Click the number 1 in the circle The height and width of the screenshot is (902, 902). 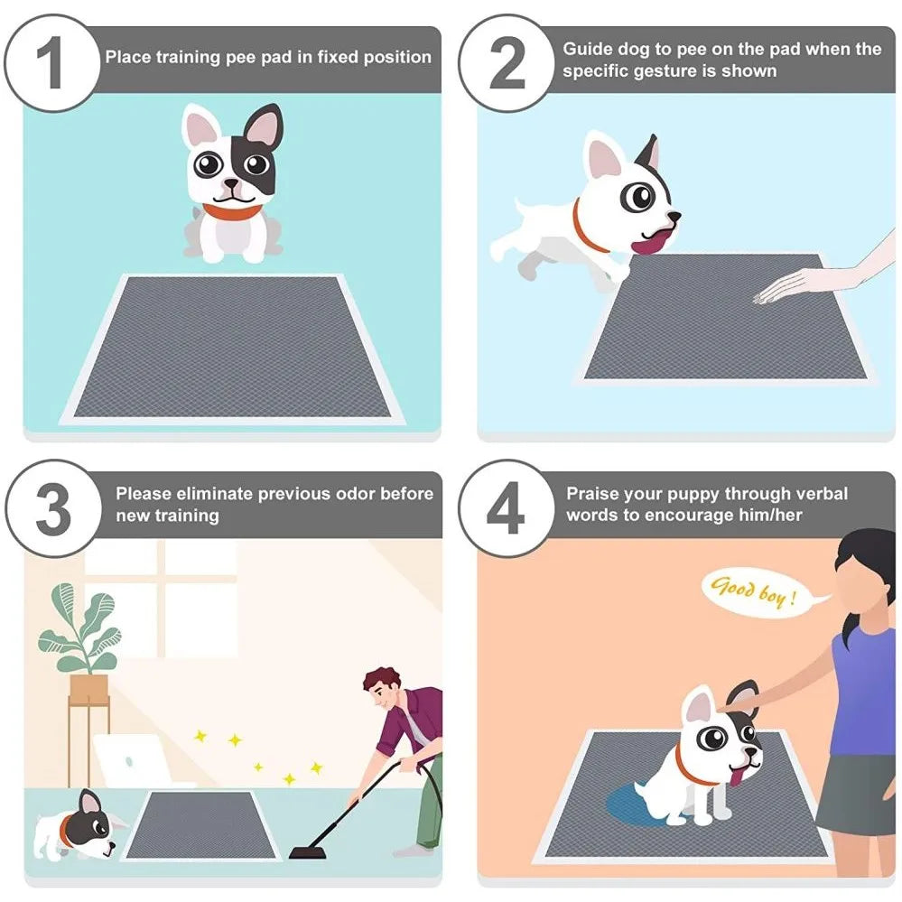(x=51, y=63)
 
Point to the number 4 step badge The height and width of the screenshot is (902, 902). (x=507, y=508)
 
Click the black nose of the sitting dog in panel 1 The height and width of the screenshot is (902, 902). (x=231, y=184)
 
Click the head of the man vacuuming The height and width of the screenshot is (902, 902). (x=383, y=687)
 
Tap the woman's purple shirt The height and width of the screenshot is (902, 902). (x=868, y=692)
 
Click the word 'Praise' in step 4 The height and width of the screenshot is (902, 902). (x=592, y=494)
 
